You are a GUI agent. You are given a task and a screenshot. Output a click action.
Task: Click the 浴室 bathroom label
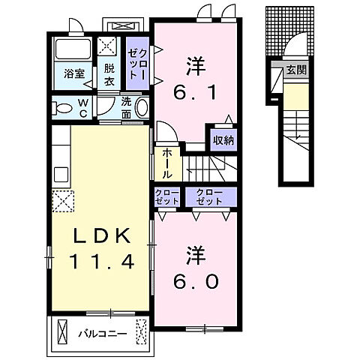tap(74, 74)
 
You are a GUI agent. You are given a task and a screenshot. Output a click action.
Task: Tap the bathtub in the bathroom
tap(73, 49)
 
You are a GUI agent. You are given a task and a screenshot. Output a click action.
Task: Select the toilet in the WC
tap(62, 109)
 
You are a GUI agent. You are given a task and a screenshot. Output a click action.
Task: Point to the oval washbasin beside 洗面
tap(142, 107)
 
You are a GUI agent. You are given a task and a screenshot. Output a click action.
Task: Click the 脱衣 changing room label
tap(109, 74)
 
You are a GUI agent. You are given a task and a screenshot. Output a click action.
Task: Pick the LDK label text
tap(102, 235)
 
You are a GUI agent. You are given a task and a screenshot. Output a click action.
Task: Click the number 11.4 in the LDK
tap(102, 262)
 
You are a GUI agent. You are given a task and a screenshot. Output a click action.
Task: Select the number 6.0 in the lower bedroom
tap(196, 281)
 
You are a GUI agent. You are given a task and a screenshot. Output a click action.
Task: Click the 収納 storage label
tap(223, 140)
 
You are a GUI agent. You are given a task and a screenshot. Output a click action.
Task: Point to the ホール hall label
tap(166, 163)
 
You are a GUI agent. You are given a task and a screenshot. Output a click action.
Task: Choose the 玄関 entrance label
tap(296, 70)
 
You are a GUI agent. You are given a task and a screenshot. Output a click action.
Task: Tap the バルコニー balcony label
tap(103, 334)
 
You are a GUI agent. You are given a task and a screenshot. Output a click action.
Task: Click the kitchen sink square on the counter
tap(61, 175)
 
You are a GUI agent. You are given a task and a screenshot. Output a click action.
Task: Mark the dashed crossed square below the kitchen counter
tap(63, 201)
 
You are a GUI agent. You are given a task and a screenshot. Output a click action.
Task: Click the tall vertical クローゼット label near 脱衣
tap(137, 64)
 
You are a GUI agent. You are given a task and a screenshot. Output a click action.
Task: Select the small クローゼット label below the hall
tap(167, 196)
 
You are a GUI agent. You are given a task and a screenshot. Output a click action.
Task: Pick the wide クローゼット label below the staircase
tap(209, 196)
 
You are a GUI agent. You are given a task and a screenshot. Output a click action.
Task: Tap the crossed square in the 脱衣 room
tap(106, 46)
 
